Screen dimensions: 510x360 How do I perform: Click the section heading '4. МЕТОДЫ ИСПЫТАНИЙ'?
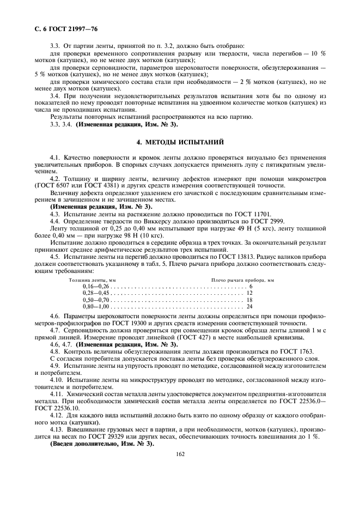click(180, 142)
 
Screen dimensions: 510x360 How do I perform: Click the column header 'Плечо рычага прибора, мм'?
click(242, 280)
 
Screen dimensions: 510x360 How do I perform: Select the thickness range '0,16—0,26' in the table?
click(96, 286)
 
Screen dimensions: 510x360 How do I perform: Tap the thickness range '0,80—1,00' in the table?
click(96, 307)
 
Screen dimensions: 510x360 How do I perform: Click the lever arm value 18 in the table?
click(249, 300)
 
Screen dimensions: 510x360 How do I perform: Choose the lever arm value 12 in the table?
click(249, 293)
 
